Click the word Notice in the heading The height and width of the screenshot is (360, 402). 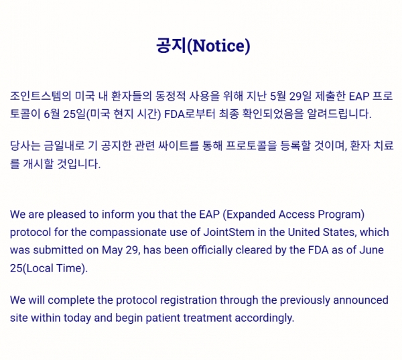(218, 46)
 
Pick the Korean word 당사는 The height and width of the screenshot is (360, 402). (25, 145)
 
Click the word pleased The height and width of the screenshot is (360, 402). (66, 215)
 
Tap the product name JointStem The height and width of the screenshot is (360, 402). (229, 232)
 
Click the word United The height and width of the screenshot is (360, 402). (304, 232)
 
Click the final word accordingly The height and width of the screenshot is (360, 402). (265, 318)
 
